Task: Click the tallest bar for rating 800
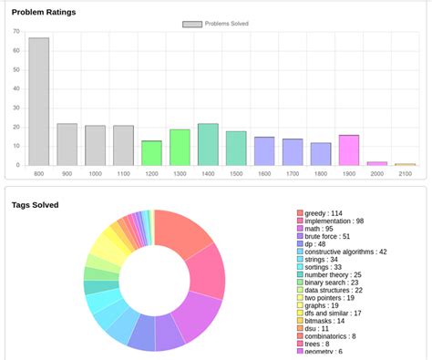38,101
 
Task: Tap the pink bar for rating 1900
349,149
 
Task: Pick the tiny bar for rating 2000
377,163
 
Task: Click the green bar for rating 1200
151,152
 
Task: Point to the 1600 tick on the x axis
264,173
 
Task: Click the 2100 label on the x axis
406,173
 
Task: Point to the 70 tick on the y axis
16,31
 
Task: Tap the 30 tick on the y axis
16,108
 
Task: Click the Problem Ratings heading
44,12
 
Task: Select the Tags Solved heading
36,204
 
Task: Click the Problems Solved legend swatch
191,24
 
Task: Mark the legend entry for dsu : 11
317,328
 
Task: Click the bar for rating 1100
123,145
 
